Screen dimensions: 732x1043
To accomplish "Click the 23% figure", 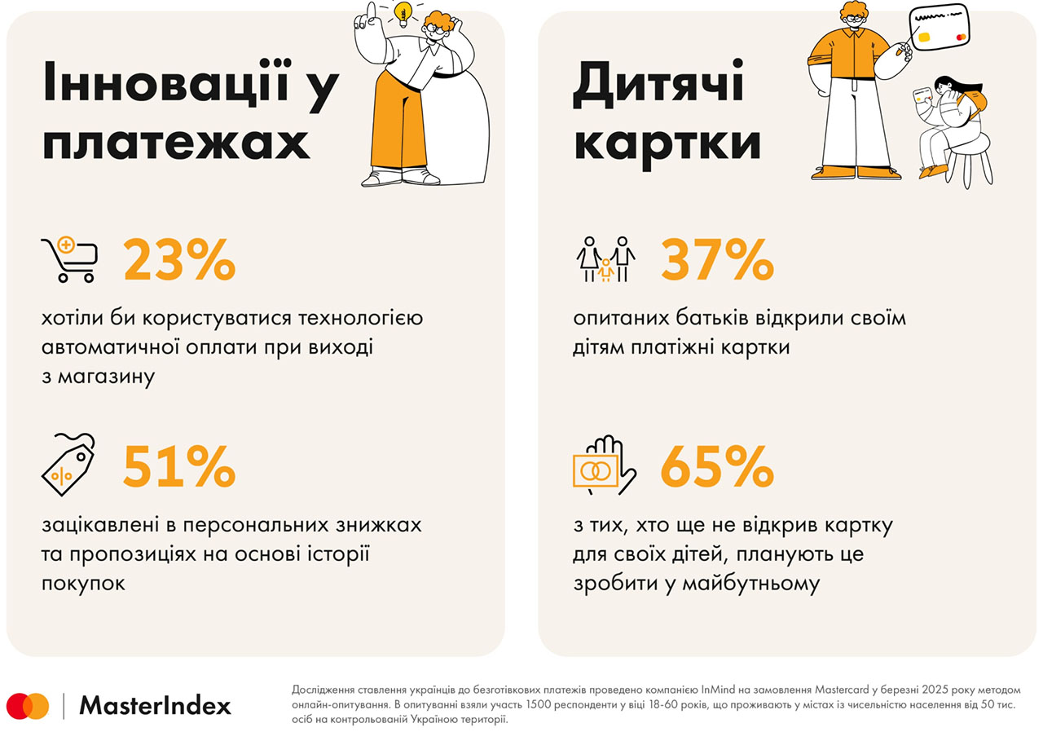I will point(179,261).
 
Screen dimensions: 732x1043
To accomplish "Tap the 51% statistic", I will point(179,467).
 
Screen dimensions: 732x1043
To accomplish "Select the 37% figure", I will point(716,261).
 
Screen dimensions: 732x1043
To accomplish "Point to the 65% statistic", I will point(716,467).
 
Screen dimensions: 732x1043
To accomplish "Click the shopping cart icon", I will point(69,258).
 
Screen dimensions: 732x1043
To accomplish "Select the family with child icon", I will point(605,259).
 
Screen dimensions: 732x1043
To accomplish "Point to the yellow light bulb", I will point(401,12).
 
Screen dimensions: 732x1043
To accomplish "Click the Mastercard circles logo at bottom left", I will point(29,706).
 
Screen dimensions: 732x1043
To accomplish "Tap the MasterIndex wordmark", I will point(155,706).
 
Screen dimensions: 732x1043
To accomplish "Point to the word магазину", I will point(109,377).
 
